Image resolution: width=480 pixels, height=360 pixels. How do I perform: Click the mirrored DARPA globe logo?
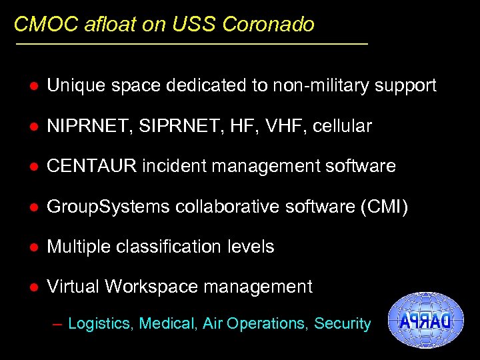[424, 321]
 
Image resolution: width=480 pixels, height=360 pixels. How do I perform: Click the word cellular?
[341, 126]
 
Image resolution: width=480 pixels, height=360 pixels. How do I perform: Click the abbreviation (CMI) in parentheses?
[384, 207]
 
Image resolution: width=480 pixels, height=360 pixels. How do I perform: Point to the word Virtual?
[73, 287]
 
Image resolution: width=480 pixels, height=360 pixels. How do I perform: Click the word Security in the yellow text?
[342, 323]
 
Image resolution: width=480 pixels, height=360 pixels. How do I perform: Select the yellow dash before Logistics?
[57, 325]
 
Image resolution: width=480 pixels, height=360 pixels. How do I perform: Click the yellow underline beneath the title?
[191, 44]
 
